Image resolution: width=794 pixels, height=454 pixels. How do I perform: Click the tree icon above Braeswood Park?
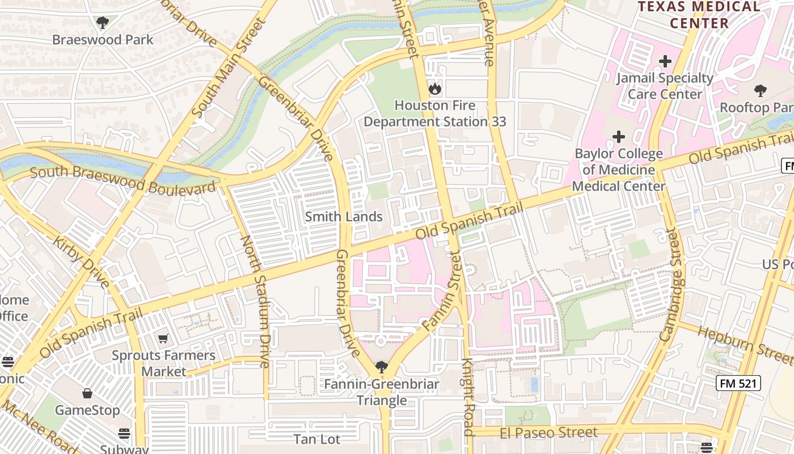103,23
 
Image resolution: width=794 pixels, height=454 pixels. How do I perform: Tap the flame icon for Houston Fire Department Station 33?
434,89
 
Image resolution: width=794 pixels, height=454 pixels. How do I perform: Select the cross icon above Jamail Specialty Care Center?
665,61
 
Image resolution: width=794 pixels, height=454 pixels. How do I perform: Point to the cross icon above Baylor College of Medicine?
618,137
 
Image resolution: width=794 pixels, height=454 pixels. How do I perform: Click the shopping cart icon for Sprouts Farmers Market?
163,339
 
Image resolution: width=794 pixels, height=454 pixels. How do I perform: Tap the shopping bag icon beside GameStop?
87,393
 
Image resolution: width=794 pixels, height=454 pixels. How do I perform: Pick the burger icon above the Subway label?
124,434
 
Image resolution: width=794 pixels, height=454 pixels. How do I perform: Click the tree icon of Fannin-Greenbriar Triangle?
381,367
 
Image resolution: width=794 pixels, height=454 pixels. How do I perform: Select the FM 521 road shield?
737,383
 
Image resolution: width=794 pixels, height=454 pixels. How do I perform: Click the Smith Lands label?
344,217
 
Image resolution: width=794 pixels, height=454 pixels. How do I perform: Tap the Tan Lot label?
317,439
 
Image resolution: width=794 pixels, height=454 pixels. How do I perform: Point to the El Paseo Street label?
548,433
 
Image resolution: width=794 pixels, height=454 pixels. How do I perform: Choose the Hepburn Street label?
745,344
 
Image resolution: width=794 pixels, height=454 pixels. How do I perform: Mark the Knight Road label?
467,397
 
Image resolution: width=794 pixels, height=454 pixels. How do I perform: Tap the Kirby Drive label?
81,262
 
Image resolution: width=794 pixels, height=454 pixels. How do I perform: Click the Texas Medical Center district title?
699,15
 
